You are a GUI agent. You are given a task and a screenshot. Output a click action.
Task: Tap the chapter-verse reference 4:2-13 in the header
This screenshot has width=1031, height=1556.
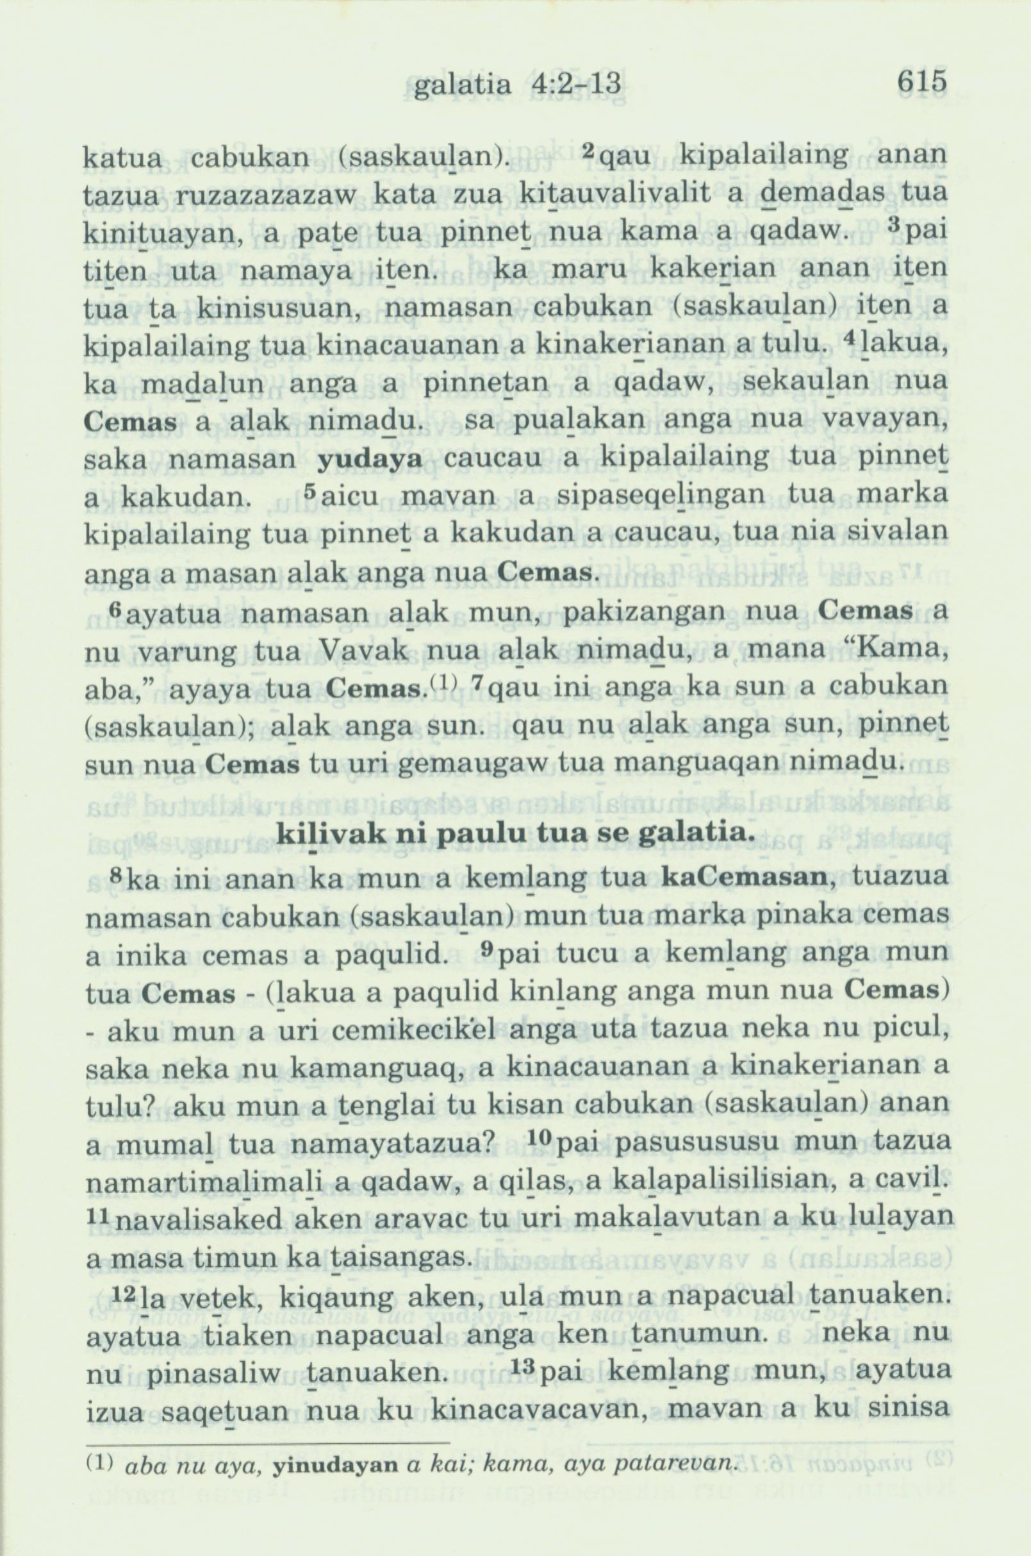(x=574, y=83)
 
